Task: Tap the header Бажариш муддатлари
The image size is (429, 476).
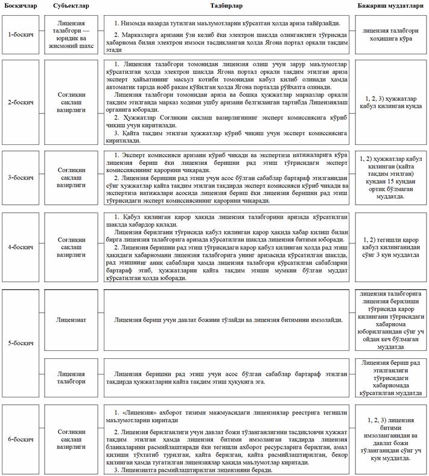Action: click(390, 5)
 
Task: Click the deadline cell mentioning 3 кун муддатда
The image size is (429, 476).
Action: click(390, 247)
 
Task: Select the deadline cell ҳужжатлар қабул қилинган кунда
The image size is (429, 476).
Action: click(390, 100)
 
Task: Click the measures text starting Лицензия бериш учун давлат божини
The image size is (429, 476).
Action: click(228, 318)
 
